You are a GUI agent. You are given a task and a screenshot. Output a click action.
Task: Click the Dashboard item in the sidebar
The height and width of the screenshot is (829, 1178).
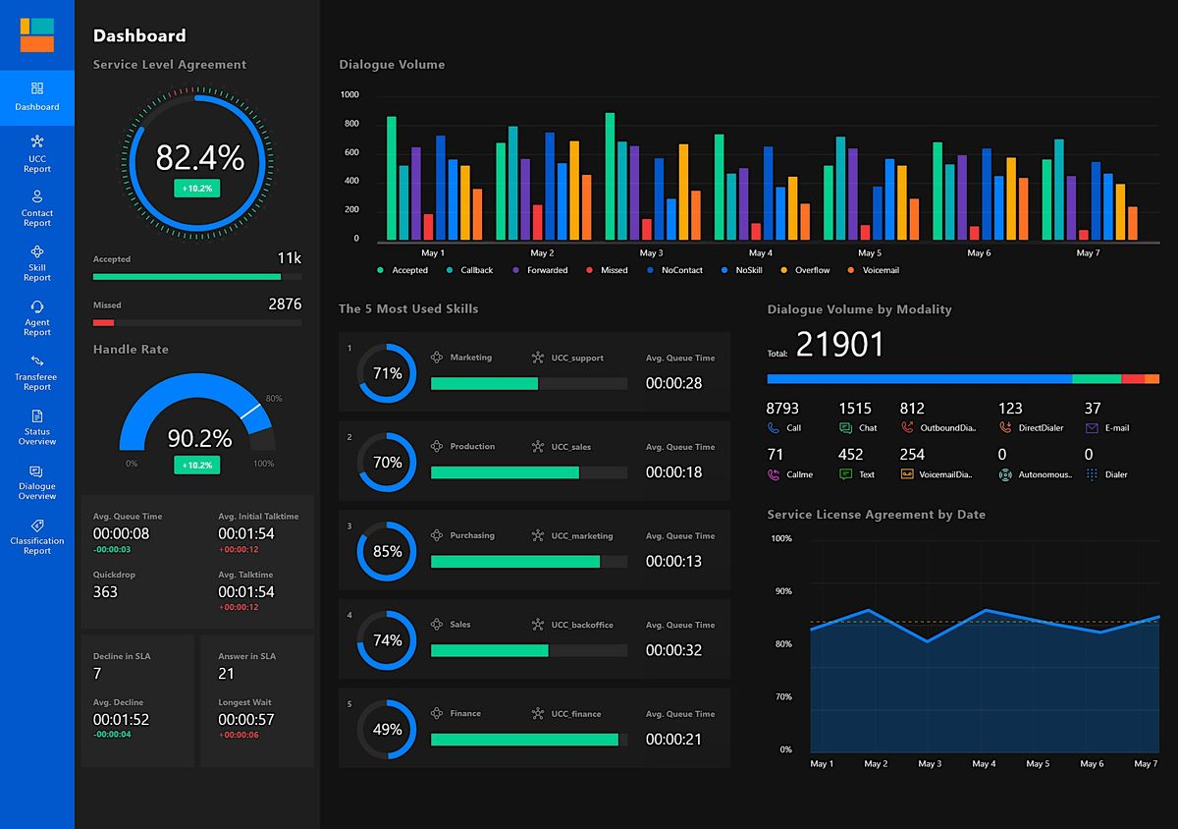click(x=37, y=97)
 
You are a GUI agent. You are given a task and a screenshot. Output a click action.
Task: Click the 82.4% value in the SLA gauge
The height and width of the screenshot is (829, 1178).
click(x=199, y=157)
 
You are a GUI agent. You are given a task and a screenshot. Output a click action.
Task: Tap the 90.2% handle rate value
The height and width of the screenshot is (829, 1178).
click(x=199, y=438)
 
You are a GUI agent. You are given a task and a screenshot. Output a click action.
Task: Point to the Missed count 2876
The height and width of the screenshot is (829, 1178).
click(x=285, y=304)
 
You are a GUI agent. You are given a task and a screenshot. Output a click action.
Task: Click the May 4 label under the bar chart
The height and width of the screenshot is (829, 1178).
click(x=760, y=253)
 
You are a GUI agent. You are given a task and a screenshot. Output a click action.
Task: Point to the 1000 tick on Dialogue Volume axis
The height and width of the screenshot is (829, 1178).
click(x=349, y=95)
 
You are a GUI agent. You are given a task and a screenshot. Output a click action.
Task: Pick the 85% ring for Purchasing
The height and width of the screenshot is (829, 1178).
click(x=387, y=552)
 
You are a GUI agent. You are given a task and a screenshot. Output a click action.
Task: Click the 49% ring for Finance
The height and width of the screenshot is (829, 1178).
click(x=387, y=730)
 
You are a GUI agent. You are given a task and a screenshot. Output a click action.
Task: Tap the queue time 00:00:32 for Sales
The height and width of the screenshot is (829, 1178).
click(x=673, y=650)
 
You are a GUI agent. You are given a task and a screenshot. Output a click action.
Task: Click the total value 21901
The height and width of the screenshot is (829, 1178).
click(x=839, y=345)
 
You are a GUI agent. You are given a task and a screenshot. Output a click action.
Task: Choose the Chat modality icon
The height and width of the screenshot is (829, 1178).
click(x=845, y=428)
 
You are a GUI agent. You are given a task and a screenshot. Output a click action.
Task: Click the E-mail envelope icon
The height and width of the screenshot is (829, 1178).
click(x=1092, y=428)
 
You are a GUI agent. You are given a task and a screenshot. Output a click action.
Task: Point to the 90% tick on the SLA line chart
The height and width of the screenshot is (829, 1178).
click(x=781, y=591)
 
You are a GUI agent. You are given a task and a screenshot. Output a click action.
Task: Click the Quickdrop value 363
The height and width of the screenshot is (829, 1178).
click(x=105, y=592)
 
